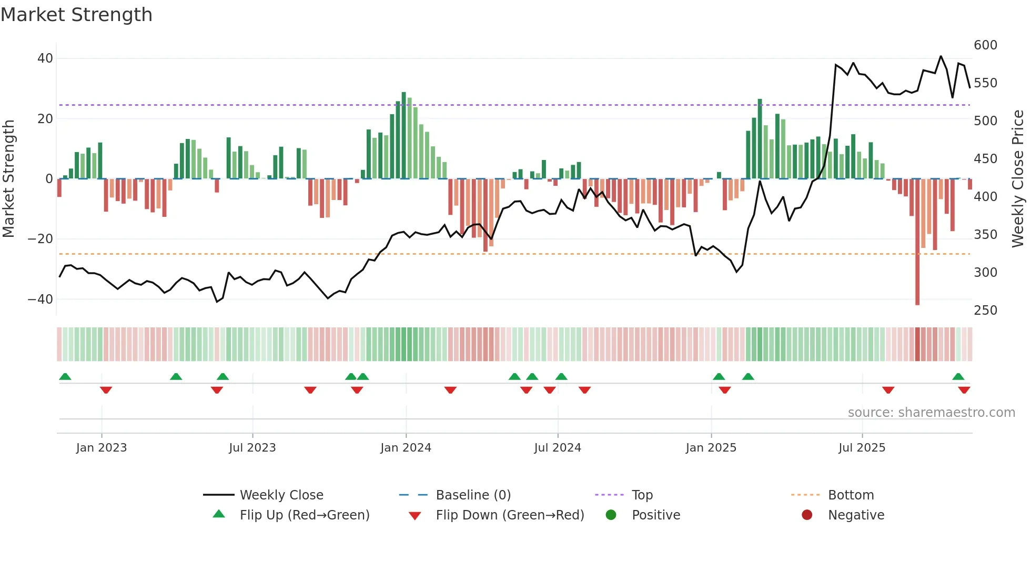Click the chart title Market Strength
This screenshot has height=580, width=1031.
[76, 15]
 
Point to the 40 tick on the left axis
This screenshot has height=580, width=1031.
[45, 58]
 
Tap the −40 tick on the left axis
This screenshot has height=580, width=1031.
[41, 299]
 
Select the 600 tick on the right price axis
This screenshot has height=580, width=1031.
[985, 45]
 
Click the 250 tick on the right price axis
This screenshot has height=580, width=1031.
[985, 311]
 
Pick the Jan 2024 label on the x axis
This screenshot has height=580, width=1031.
[406, 448]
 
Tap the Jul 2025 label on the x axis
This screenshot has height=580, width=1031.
[862, 448]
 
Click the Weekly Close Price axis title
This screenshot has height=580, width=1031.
[1018, 179]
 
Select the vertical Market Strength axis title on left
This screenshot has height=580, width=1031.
[8, 179]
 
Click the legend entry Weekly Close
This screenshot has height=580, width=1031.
[281, 495]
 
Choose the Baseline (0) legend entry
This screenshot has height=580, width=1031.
[473, 495]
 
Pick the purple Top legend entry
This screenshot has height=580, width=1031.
[642, 495]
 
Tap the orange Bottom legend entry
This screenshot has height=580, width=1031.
[851, 495]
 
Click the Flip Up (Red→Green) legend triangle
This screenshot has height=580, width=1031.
[219, 514]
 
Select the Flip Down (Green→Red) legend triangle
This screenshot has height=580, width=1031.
[415, 516]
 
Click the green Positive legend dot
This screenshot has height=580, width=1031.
[611, 515]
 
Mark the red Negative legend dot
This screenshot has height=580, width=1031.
[807, 515]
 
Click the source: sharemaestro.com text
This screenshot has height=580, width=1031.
[931, 413]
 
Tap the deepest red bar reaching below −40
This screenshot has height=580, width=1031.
[917, 242]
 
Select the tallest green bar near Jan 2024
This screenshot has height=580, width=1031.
[403, 135]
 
